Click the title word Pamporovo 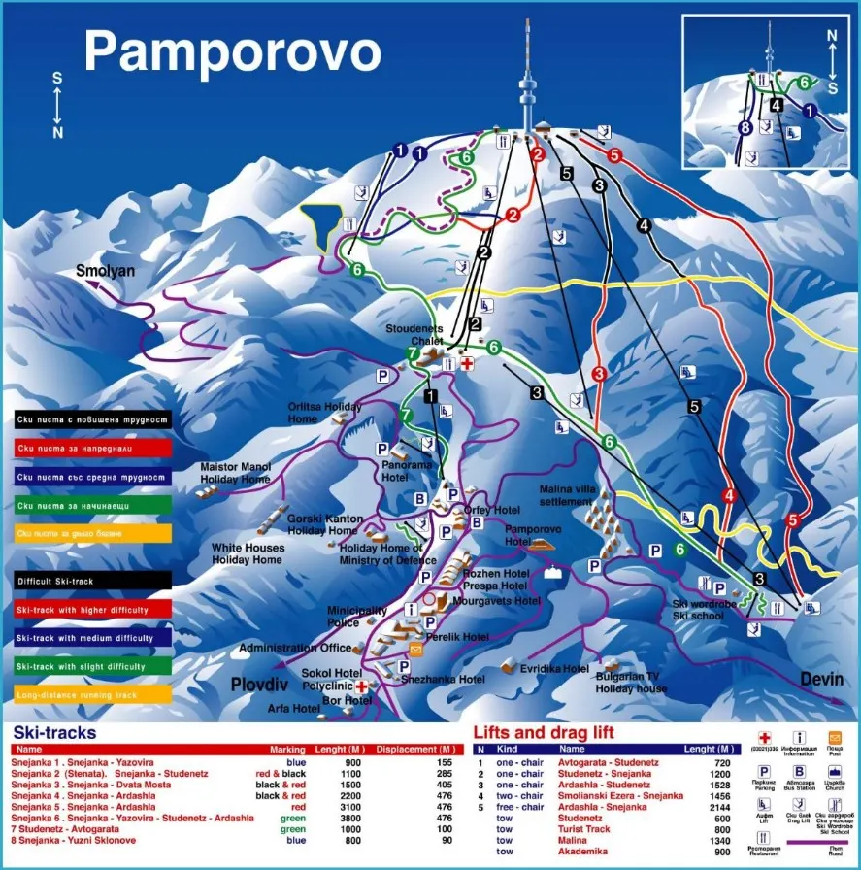pyautogui.click(x=231, y=50)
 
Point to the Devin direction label pyautogui.click(x=823, y=679)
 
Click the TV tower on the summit pyautogui.click(x=528, y=83)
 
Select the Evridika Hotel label pyautogui.click(x=554, y=669)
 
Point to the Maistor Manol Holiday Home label pyautogui.click(x=235, y=473)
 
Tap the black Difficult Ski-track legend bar pyautogui.click(x=93, y=581)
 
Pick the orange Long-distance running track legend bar pyautogui.click(x=93, y=694)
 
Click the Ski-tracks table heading pyautogui.click(x=54, y=733)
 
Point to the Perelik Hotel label pyautogui.click(x=461, y=637)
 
